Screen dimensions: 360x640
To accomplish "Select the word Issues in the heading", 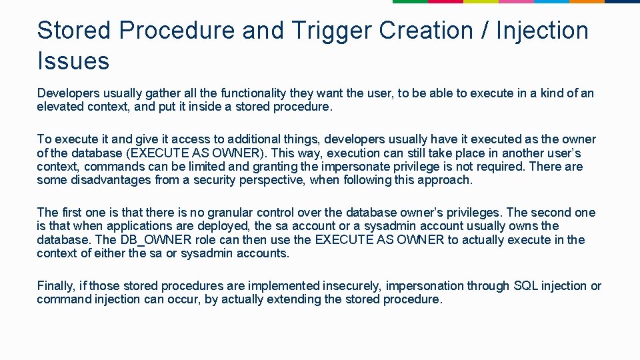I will [x=73, y=61].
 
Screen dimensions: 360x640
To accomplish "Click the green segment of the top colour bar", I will [x=410, y=1].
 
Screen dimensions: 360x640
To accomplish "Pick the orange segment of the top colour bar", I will [x=587, y=1].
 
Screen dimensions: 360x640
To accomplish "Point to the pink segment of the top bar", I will [x=516, y=1].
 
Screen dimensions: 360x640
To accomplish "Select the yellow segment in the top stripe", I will [x=481, y=1].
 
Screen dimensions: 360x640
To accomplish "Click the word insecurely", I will [x=350, y=286].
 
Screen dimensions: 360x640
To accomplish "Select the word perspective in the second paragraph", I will [x=264, y=180].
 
